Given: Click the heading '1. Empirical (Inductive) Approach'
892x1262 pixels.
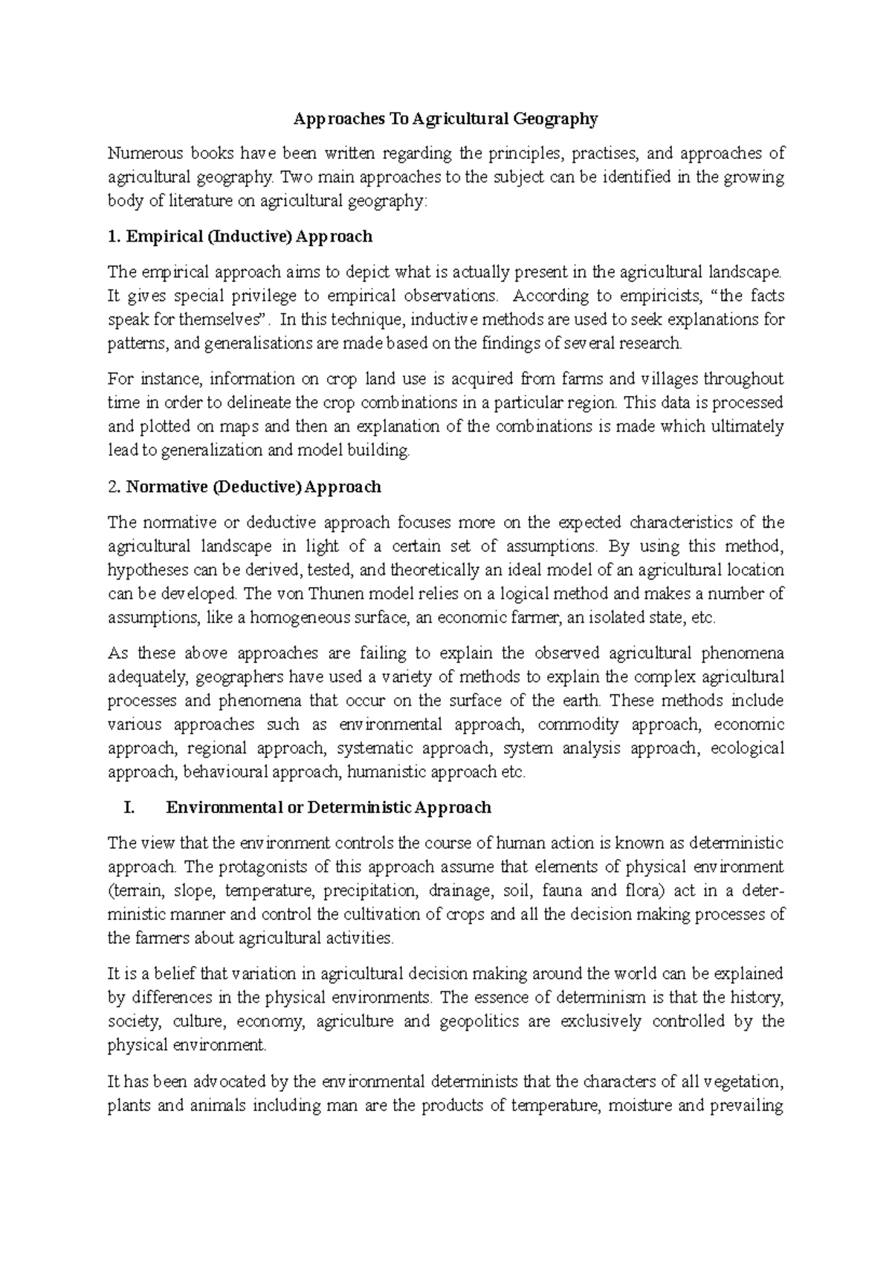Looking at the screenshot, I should point(239,236).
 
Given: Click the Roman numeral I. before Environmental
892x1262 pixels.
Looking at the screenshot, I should point(127,808).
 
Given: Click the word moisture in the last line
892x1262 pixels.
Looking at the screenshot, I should point(640,1105).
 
